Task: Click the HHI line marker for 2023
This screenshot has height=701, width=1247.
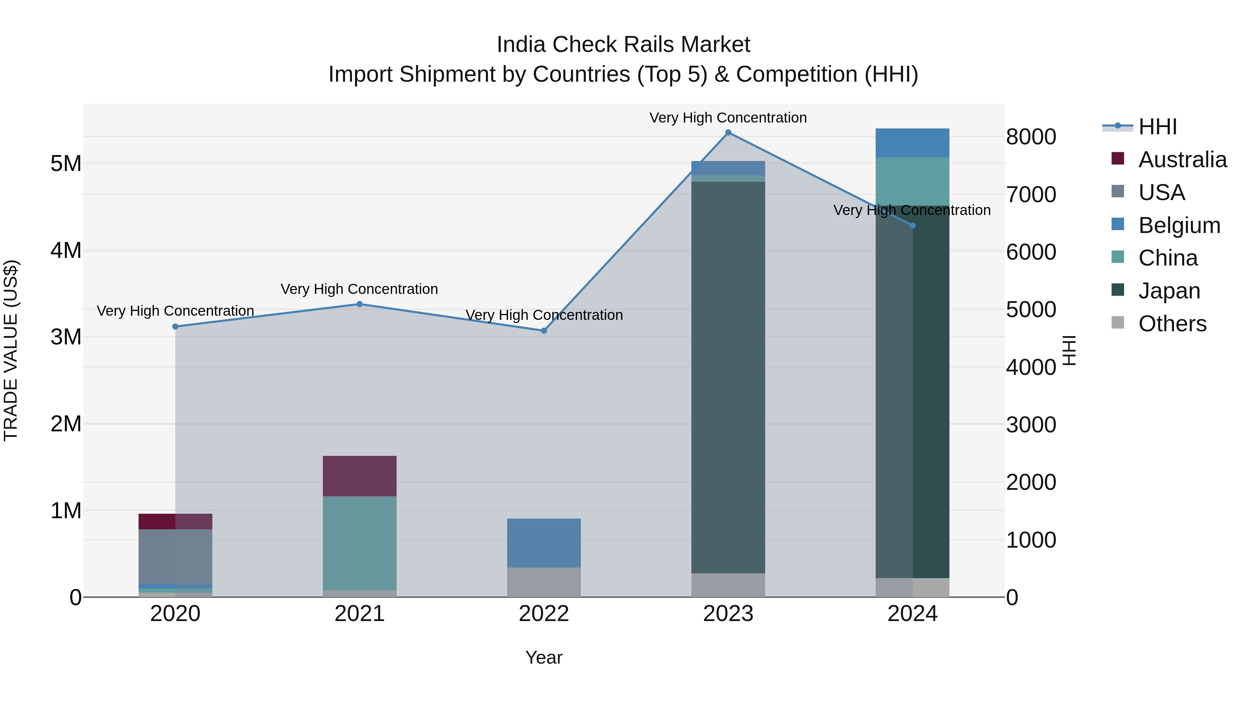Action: (x=728, y=133)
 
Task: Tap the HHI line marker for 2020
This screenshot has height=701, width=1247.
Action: (x=175, y=326)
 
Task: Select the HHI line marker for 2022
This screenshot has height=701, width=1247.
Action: (x=543, y=331)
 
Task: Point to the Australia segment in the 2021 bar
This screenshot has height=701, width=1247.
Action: (x=360, y=476)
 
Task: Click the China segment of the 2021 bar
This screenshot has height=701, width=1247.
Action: (x=360, y=543)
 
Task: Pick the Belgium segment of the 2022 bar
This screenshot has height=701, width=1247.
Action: (x=543, y=542)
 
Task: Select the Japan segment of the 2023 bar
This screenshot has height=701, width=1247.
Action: (x=728, y=377)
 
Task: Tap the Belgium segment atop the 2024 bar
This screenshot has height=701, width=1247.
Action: (x=912, y=143)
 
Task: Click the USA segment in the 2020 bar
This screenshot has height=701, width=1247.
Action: (x=175, y=556)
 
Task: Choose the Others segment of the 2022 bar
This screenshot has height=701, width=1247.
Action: (x=543, y=583)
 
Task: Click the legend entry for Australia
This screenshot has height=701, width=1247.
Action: (x=1182, y=160)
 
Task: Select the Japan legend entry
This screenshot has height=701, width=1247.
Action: (x=1169, y=291)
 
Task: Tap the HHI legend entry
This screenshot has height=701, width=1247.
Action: (x=1157, y=127)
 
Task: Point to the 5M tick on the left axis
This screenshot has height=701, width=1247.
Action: (x=66, y=163)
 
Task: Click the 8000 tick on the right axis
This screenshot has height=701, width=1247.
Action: (x=1031, y=137)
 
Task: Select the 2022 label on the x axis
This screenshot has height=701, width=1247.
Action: (x=543, y=614)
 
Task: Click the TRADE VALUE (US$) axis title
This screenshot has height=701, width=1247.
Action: (x=11, y=350)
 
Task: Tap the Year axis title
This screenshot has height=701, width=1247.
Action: (x=543, y=657)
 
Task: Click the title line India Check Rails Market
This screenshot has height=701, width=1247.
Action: (x=623, y=45)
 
